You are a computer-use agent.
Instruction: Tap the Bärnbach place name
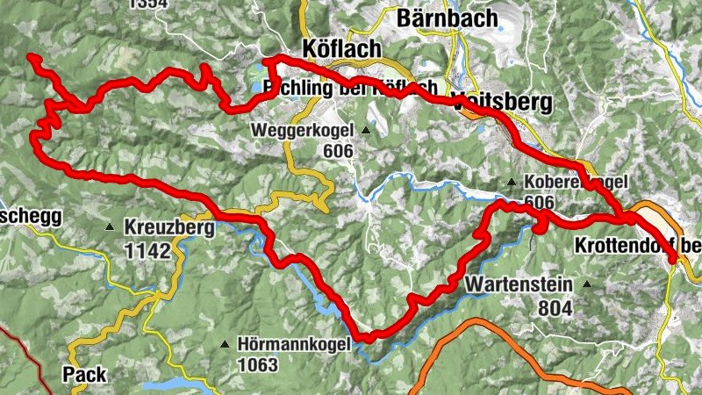pyautogui.click(x=448, y=17)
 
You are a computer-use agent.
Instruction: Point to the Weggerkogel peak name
pyautogui.click(x=301, y=131)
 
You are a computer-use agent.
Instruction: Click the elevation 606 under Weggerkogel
pyautogui.click(x=337, y=151)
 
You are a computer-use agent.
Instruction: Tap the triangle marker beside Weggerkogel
pyautogui.click(x=365, y=132)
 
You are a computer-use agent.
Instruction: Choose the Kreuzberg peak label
pyautogui.click(x=169, y=227)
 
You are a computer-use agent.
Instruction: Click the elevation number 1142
pyautogui.click(x=147, y=249)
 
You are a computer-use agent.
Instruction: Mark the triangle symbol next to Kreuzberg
pyautogui.click(x=110, y=227)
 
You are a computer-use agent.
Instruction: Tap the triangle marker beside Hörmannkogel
pyautogui.click(x=226, y=344)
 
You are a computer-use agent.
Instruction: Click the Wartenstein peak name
pyautogui.click(x=519, y=284)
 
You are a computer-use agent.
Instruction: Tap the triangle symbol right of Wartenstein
pyautogui.click(x=586, y=284)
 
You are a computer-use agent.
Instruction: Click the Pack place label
pyautogui.click(x=84, y=375)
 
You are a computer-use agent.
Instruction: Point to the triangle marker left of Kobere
pyautogui.click(x=511, y=183)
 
